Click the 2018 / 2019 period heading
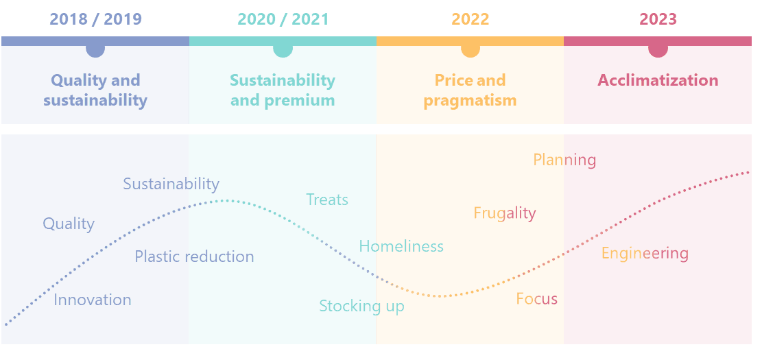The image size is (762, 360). coord(95,19)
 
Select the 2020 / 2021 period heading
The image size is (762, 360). coord(283,19)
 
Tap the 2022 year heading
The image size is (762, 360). coord(470,19)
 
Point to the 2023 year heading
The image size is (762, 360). coord(658,19)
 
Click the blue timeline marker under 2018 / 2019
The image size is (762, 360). coord(95,50)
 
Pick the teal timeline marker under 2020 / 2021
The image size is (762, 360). coord(283,50)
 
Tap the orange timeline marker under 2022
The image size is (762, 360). coord(471,50)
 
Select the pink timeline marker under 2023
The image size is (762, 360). coord(658,50)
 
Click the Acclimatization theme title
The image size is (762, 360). coord(658,80)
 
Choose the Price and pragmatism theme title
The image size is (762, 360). coord(470,91)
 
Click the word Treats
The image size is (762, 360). coord(327,200)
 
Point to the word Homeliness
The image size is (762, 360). coord(401,246)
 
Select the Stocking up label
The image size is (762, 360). coord(361,306)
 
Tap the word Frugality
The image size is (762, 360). coord(505,213)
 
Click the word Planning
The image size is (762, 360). coord(564,160)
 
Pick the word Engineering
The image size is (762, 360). coord(645,254)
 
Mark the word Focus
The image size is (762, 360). coord(536,299)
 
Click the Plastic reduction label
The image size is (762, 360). coord(194,256)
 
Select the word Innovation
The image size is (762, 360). coord(93,300)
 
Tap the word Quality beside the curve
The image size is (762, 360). coord(69,224)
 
